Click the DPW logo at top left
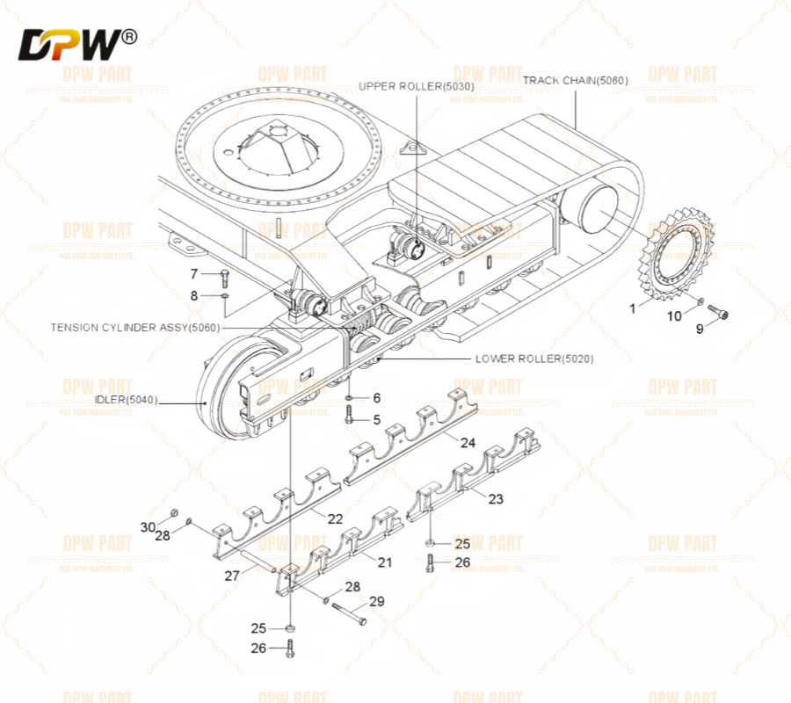(77, 43)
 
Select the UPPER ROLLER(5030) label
(417, 86)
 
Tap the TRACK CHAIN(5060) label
(576, 81)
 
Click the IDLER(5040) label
(126, 400)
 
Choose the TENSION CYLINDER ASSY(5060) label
(134, 327)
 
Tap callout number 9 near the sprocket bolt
(700, 330)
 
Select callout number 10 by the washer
(674, 315)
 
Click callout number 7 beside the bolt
(194, 274)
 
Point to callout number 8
(194, 295)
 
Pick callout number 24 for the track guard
(468, 443)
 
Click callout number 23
(496, 499)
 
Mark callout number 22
(335, 518)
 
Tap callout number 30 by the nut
(147, 526)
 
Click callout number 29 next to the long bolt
(376, 602)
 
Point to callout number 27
(232, 576)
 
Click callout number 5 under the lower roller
(376, 420)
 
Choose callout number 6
(376, 398)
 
